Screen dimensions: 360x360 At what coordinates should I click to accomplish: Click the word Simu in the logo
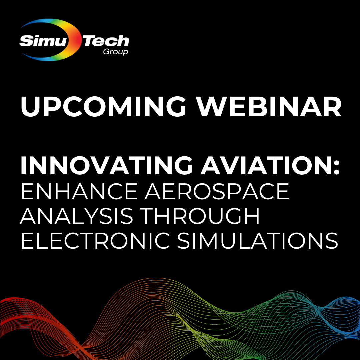click(x=43, y=41)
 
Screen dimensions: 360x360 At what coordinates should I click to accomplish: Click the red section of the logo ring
click(x=78, y=40)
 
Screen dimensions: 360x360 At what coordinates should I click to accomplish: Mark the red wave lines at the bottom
click(x=20, y=310)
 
